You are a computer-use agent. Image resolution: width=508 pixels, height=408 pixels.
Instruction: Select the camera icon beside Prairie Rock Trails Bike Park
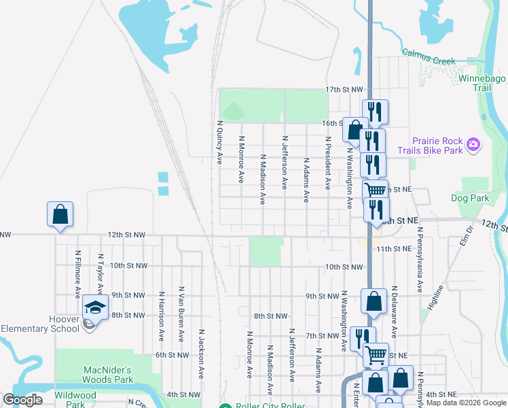click(x=473, y=144)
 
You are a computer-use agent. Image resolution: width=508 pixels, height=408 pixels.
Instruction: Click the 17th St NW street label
click(x=344, y=90)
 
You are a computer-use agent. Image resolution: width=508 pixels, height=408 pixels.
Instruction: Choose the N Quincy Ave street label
click(x=219, y=143)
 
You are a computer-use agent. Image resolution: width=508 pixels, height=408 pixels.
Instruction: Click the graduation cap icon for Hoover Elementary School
click(x=96, y=308)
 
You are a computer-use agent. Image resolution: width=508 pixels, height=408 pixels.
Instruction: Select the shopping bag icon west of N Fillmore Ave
click(x=60, y=214)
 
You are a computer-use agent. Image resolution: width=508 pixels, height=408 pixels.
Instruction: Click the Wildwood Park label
click(x=75, y=399)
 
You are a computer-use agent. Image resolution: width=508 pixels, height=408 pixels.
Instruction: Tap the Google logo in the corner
click(x=22, y=400)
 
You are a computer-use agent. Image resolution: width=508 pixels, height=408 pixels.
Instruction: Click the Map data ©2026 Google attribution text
click(x=466, y=403)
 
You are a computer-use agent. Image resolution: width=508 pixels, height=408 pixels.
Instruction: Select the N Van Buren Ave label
click(x=181, y=313)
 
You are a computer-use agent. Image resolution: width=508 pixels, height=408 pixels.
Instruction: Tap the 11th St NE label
click(x=394, y=249)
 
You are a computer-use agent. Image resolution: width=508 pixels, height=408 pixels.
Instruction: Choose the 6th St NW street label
click(x=170, y=355)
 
